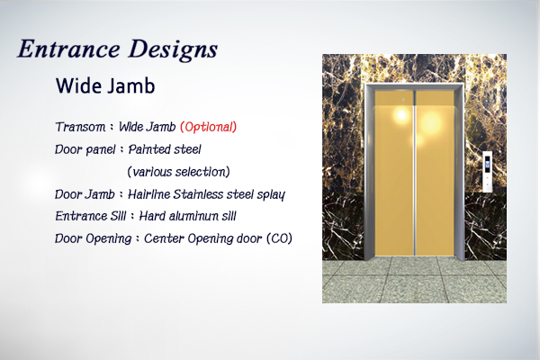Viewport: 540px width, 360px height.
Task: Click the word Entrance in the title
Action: click(x=69, y=49)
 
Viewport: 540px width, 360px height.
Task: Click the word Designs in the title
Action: click(x=173, y=50)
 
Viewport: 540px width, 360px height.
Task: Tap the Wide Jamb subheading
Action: click(x=105, y=85)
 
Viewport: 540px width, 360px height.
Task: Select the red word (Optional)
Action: click(x=209, y=127)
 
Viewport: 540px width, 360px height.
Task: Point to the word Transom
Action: click(x=81, y=127)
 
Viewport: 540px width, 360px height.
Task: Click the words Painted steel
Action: click(x=165, y=149)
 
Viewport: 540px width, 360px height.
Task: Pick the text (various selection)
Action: click(x=178, y=172)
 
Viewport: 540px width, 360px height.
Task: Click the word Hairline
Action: click(x=148, y=194)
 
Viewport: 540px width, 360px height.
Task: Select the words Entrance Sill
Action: click(x=91, y=216)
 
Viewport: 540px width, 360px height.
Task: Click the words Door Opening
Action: click(x=94, y=238)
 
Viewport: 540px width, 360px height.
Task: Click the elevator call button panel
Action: click(x=487, y=172)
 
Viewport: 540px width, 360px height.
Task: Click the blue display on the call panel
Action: click(x=487, y=165)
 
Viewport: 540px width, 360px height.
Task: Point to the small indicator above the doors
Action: click(x=403, y=100)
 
